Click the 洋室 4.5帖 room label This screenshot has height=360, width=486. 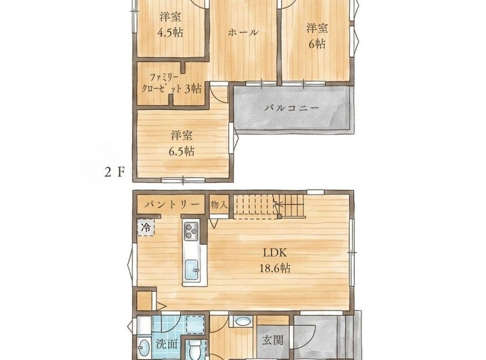pyautogui.click(x=170, y=24)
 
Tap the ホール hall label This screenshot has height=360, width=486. pyautogui.click(x=243, y=32)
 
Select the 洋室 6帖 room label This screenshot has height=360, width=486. pyautogui.click(x=317, y=36)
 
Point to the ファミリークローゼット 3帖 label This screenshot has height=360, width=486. pyautogui.click(x=172, y=83)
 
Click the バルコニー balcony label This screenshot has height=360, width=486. pyautogui.click(x=292, y=108)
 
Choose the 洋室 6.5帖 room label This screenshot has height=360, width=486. pyautogui.click(x=182, y=144)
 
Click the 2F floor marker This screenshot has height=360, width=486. pyautogui.click(x=114, y=172)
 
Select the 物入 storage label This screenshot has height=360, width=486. pyautogui.click(x=219, y=204)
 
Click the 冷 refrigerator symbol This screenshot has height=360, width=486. pyautogui.click(x=146, y=228)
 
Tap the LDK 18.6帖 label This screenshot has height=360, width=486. pyautogui.click(x=275, y=261)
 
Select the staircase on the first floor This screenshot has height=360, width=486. pyautogui.click(x=268, y=206)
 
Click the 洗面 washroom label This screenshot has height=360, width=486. pyautogui.click(x=167, y=344)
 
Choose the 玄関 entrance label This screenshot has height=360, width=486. pyautogui.click(x=273, y=341)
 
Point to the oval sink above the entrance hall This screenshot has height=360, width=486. pyautogui.click(x=243, y=321)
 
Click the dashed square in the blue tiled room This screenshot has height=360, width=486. pyautogui.click(x=195, y=324)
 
